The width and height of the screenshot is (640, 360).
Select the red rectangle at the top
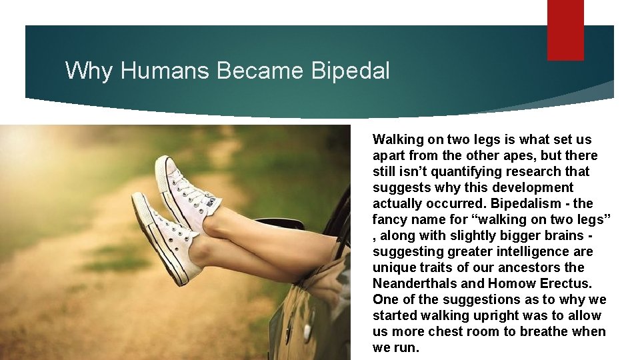click(565, 30)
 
